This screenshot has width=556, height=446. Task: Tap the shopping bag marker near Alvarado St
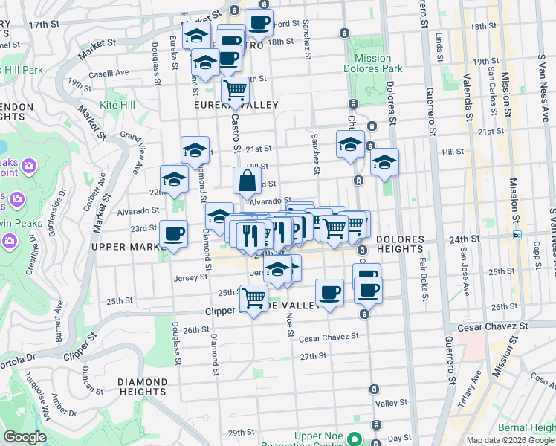(247, 181)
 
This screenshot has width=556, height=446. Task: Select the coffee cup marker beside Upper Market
(174, 235)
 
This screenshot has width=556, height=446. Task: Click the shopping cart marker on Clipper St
(254, 299)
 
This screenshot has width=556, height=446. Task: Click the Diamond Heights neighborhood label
(141, 387)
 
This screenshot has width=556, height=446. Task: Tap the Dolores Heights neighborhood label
(400, 244)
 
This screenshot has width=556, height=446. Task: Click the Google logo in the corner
(25, 437)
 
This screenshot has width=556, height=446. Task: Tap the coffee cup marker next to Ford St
(259, 23)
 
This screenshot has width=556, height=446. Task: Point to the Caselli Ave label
(109, 73)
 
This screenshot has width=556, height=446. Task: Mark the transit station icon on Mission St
(517, 235)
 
